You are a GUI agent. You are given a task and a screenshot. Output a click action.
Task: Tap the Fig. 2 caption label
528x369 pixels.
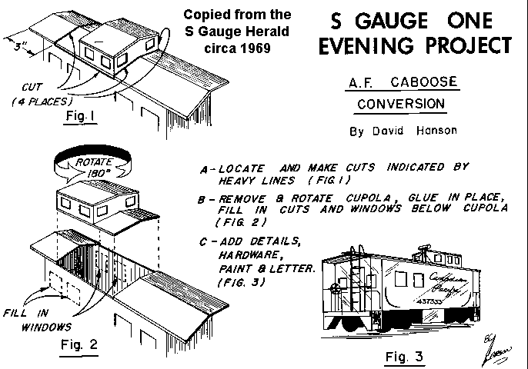(x=79, y=344)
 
